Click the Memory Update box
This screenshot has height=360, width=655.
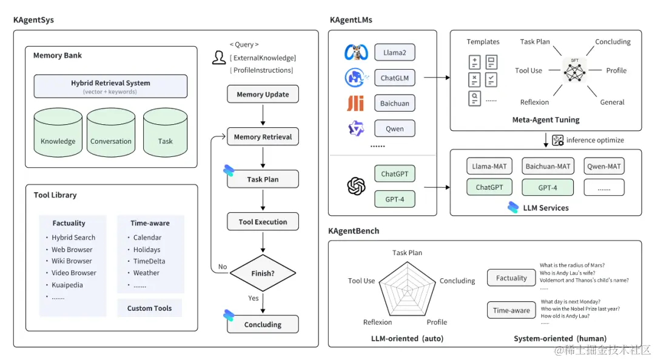point(263,95)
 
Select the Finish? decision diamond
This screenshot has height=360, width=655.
point(263,273)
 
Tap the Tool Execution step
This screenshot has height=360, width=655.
point(263,222)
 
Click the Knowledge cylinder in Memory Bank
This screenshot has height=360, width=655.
point(58,133)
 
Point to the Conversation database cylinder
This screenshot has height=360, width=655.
point(111,133)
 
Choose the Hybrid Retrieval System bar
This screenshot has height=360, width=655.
point(110,87)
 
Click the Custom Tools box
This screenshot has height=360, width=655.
point(149,308)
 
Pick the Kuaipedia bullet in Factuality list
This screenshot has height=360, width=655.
point(67,285)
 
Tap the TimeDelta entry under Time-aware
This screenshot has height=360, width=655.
point(149,261)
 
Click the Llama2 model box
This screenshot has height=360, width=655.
point(394,53)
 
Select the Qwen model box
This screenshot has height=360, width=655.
point(394,128)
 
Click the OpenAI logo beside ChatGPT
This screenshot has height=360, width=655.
point(356,186)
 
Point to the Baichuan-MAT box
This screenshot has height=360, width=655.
point(548,166)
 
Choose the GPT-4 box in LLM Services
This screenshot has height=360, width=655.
point(548,187)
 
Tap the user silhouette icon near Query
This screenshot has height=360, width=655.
point(219,58)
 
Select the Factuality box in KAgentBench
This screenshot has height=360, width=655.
point(511,278)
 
